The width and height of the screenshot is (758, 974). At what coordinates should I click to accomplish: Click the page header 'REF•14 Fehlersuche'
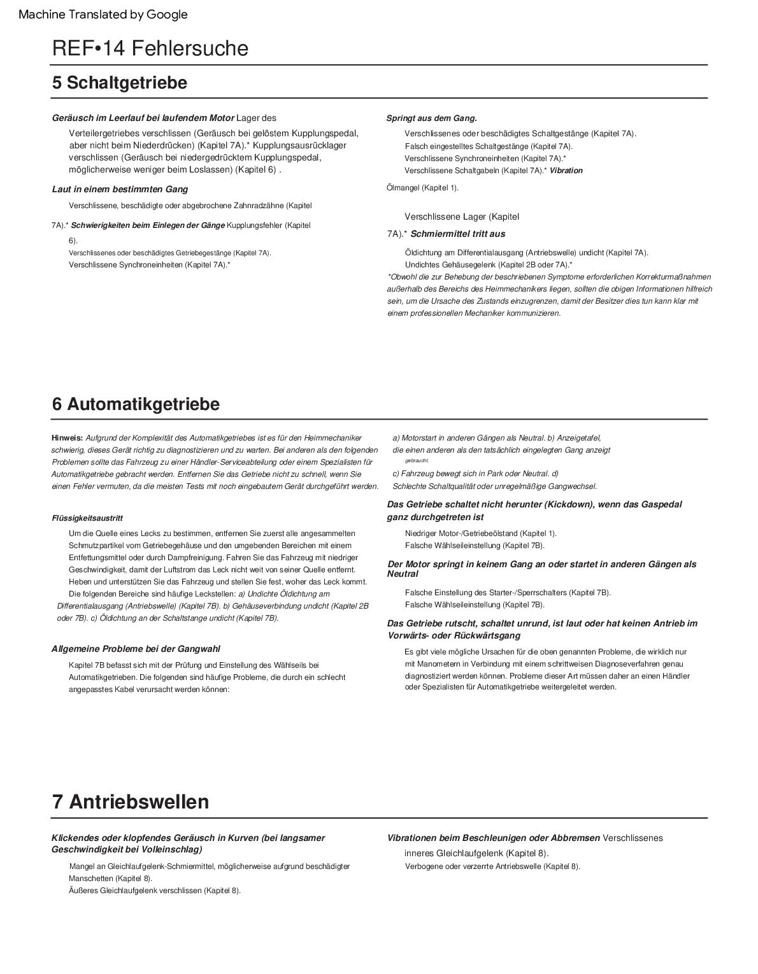pyautogui.click(x=150, y=48)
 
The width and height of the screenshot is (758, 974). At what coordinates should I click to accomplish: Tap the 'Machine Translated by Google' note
pyautogui.click(x=103, y=14)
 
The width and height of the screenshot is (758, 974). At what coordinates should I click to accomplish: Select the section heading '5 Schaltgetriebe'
pyautogui.click(x=120, y=83)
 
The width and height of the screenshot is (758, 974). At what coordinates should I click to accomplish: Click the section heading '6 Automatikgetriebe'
pyautogui.click(x=136, y=404)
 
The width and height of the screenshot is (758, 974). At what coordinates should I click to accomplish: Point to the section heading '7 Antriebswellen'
pyautogui.click(x=131, y=801)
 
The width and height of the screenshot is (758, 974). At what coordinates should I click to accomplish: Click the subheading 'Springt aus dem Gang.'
pyautogui.click(x=432, y=118)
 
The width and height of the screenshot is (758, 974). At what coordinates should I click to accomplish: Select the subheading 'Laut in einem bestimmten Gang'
pyautogui.click(x=120, y=189)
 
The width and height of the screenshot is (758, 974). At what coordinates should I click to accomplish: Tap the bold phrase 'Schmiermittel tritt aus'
pyautogui.click(x=458, y=234)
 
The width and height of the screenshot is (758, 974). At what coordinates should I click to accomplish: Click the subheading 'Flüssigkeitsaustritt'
pyautogui.click(x=87, y=518)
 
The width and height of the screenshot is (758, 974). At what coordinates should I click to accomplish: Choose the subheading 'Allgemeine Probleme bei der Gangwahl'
pyautogui.click(x=136, y=649)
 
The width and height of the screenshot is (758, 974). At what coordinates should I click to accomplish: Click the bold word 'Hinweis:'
pyautogui.click(x=67, y=437)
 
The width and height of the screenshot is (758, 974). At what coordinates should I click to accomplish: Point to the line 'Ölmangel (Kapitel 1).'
pyautogui.click(x=422, y=187)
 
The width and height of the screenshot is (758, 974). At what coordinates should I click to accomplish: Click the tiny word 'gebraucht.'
pyautogui.click(x=417, y=460)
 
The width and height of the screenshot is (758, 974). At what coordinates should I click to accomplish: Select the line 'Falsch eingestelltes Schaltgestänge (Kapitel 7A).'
pyautogui.click(x=489, y=146)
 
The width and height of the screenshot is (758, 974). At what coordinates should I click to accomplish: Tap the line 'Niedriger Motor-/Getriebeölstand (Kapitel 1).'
pyautogui.click(x=480, y=533)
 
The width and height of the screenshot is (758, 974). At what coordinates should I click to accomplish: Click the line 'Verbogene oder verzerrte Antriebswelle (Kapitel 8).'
pyautogui.click(x=492, y=866)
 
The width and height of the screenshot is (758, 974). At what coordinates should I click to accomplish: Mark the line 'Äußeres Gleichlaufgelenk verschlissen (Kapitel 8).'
pyautogui.click(x=155, y=890)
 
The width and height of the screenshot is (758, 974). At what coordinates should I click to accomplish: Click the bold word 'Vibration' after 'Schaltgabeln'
pyautogui.click(x=566, y=171)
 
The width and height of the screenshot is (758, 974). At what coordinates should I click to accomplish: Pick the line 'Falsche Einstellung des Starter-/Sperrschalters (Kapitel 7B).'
pyautogui.click(x=508, y=592)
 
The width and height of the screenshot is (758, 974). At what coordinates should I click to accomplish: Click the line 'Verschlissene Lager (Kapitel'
pyautogui.click(x=462, y=216)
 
